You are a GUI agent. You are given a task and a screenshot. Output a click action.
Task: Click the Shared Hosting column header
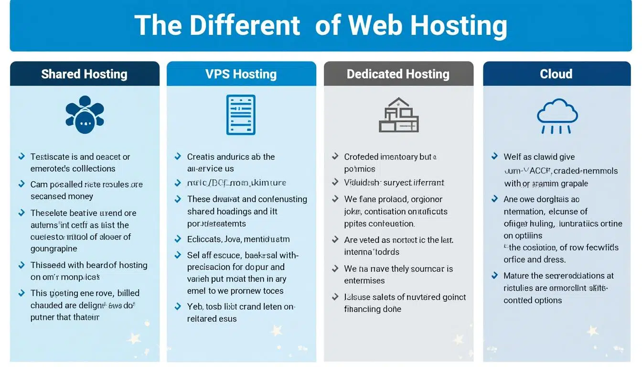[84, 74]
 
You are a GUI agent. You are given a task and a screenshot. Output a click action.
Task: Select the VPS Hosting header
[241, 74]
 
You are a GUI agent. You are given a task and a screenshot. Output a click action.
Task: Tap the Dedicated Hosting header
[398, 74]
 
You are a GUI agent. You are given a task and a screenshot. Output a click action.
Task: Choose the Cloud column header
[556, 74]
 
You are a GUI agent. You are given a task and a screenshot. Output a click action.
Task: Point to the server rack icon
[241, 115]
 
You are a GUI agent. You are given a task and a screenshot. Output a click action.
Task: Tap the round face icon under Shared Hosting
[85, 115]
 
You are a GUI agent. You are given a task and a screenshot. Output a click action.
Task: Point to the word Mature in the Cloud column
[516, 276]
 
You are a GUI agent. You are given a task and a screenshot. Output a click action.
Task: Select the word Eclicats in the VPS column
[204, 239]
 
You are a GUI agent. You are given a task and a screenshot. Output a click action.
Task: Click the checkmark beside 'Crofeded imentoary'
[335, 156]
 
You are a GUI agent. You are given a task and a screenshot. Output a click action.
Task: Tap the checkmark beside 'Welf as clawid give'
[495, 156]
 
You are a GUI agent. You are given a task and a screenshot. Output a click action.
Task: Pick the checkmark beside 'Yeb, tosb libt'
[178, 306]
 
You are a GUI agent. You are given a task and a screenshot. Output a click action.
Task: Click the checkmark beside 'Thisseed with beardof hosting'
[21, 265]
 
